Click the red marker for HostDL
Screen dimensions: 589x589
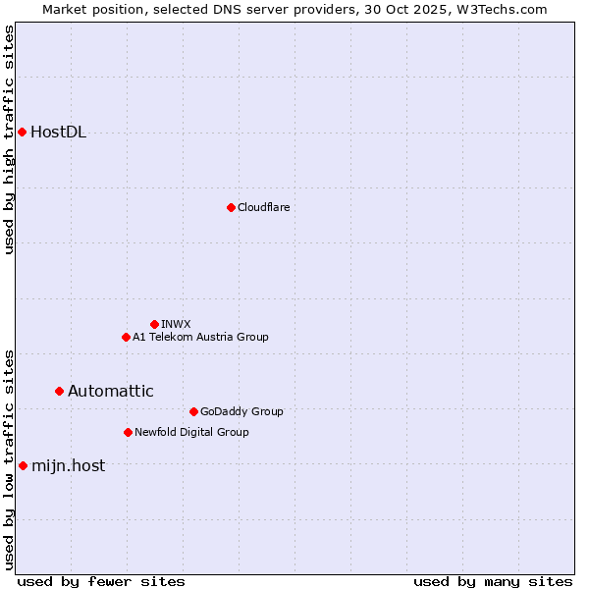[x=22, y=132]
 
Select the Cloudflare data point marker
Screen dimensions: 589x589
[x=231, y=207]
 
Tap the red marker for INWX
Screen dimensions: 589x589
[x=154, y=324]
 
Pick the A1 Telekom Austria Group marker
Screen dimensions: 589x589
[x=126, y=337]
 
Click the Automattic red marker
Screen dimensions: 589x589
[x=59, y=391]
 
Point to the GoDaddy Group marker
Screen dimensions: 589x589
[x=193, y=411]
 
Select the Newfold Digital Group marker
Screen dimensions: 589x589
[x=128, y=432]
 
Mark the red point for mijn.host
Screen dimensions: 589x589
[x=23, y=465]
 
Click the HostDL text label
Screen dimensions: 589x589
[x=59, y=133]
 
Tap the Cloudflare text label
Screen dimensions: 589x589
[x=263, y=207]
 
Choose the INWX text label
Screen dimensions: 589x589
[x=176, y=324]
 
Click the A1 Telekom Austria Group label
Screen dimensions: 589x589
[x=200, y=337]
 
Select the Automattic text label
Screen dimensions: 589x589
[x=111, y=391]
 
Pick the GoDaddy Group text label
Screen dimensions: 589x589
[x=241, y=411]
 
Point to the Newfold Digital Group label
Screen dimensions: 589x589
[x=191, y=432]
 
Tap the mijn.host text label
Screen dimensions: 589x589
[x=69, y=466]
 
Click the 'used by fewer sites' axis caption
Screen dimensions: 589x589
[x=101, y=581]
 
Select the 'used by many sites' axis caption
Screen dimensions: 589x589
[x=493, y=581]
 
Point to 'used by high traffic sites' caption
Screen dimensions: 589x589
[x=9, y=139]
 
